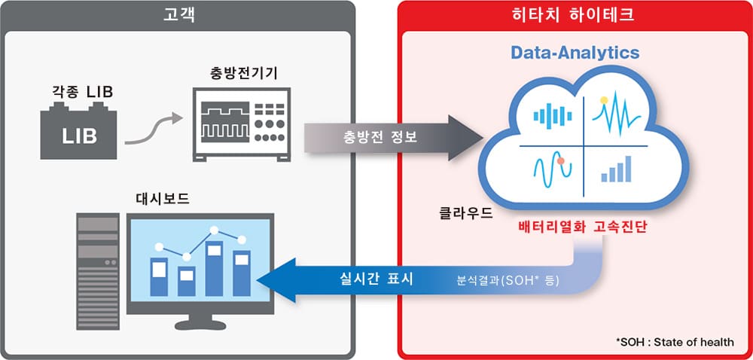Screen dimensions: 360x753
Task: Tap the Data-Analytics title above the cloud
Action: tap(575, 53)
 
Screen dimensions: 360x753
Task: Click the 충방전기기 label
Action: tap(240, 75)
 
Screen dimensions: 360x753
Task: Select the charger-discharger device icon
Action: tap(240, 122)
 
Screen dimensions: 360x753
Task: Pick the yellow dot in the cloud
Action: tap(604, 99)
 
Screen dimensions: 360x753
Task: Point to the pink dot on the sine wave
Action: tap(561, 160)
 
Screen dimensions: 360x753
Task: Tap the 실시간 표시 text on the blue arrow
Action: tap(376, 279)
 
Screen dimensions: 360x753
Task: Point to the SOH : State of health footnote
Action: tap(675, 342)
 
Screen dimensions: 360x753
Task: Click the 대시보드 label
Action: tap(163, 200)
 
